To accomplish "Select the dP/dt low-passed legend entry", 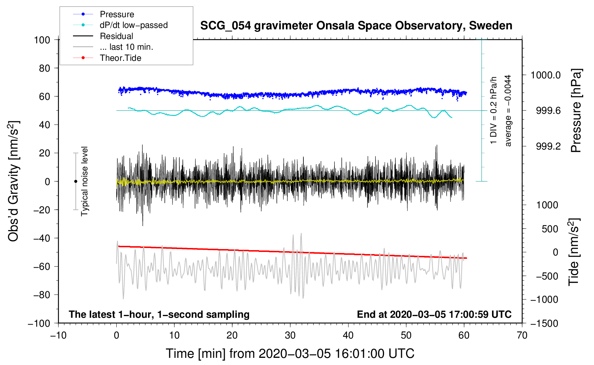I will tap(133, 25).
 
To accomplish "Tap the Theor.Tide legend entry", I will tap(120, 58).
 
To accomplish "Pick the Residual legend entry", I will tap(116, 36).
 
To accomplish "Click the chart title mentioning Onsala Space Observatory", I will tap(356, 26).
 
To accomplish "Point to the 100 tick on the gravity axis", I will tap(42, 40).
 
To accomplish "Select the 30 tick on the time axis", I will tap(290, 335).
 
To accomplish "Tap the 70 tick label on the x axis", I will tap(522, 335).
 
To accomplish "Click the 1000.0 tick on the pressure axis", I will tap(545, 75).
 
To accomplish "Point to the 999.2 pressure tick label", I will tap(548, 146).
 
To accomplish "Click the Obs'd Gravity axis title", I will tap(14, 181).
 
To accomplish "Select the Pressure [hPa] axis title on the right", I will tap(576, 111).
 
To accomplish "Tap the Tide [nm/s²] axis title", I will tap(574, 252).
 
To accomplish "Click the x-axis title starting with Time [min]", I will tap(290, 354).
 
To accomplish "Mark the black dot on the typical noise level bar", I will tap(76, 181).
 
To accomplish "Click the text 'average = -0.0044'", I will tap(508, 111).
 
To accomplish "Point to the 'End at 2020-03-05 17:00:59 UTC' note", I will tap(434, 314).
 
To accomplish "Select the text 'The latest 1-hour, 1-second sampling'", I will tap(159, 314).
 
